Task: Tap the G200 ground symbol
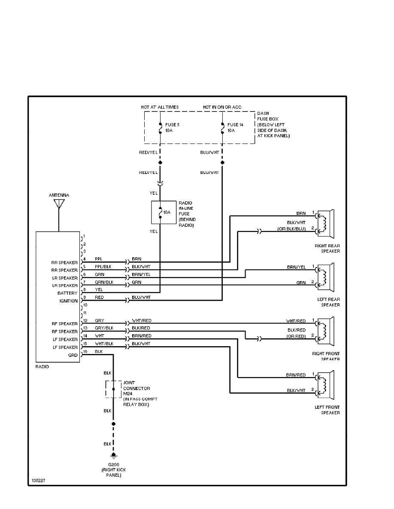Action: point(113,455)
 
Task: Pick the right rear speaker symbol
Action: point(327,223)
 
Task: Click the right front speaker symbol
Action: point(327,330)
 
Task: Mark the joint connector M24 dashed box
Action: point(113,389)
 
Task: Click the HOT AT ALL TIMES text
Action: point(160,107)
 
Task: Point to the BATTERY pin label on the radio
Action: point(67,293)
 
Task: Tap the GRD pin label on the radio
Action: point(73,355)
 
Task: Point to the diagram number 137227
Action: point(38,481)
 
